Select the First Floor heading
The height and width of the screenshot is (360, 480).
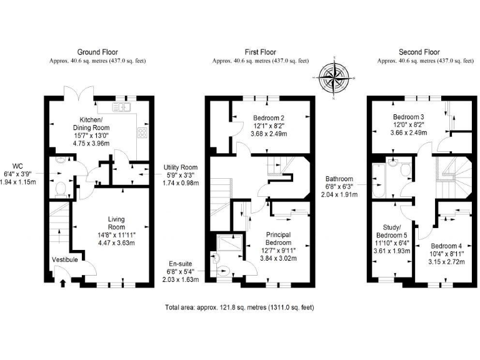[x=261, y=52]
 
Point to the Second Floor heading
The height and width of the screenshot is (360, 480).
[x=420, y=52]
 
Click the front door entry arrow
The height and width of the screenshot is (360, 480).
[x=62, y=283]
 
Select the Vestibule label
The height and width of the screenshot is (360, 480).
[x=65, y=259]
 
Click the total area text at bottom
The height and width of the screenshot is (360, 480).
[x=239, y=307]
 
